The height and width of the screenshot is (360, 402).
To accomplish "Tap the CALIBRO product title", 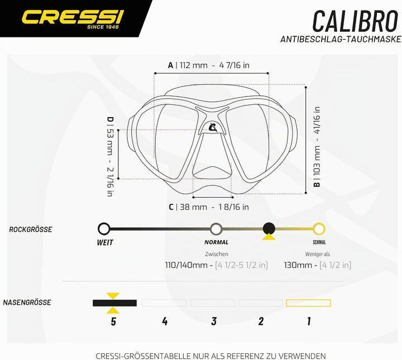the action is (x=355, y=21).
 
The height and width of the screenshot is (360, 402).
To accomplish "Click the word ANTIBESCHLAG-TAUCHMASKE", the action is (x=341, y=39).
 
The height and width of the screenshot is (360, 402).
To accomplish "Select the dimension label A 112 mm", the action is (x=209, y=65).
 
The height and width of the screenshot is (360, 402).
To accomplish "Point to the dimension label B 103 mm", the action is (x=317, y=147).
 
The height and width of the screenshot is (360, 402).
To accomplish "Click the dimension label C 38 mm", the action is (x=209, y=207).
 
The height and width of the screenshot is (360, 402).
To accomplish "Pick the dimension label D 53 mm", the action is (x=110, y=156).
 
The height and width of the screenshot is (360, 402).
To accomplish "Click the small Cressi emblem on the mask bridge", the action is (x=213, y=127).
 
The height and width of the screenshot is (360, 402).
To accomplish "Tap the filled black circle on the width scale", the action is (x=269, y=228).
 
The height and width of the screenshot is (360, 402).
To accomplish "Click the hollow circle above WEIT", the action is (x=104, y=228).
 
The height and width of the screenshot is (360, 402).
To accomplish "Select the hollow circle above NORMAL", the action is (x=216, y=228).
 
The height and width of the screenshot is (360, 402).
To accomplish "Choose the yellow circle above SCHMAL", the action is (x=319, y=228).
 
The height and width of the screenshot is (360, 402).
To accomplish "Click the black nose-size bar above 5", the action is (x=114, y=303).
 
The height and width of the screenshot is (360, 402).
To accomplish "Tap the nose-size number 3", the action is (x=214, y=321).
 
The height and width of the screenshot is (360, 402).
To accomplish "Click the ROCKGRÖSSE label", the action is (x=31, y=229).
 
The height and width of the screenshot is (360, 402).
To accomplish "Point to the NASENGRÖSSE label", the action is (x=27, y=303).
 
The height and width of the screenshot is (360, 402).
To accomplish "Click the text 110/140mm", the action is (x=186, y=265).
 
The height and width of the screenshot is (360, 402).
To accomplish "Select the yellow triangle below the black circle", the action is (x=269, y=237).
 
